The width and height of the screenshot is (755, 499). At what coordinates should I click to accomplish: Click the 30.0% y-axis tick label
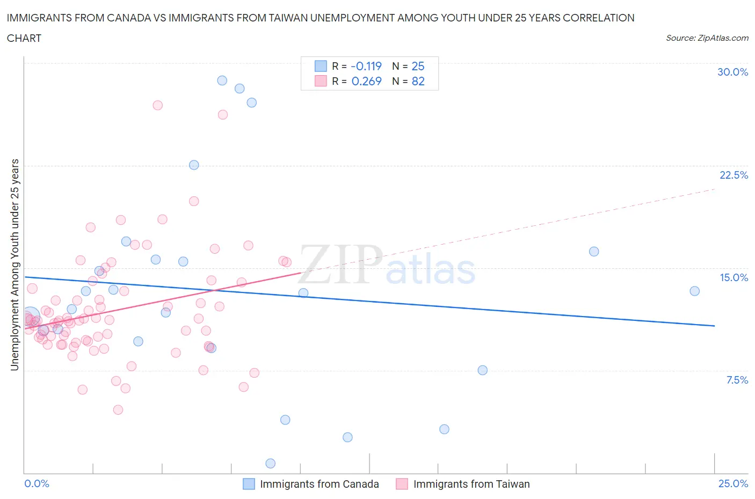(732, 72)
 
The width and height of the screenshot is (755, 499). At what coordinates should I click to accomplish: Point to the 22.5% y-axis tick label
(734, 175)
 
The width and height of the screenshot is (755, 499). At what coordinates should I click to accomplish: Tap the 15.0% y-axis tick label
(734, 277)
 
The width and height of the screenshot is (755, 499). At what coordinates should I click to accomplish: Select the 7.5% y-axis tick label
(737, 380)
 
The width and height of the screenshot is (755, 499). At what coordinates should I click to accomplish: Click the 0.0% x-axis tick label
(37, 483)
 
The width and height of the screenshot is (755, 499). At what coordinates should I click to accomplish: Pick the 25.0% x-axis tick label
(733, 483)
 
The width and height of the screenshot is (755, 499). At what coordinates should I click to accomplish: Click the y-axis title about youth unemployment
(14, 265)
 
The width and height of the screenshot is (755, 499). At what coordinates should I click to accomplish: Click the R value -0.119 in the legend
(366, 66)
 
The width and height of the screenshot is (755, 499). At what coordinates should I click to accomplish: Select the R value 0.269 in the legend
(366, 81)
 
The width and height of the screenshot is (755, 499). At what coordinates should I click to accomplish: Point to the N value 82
(418, 81)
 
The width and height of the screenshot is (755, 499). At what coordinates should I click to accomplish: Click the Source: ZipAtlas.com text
(707, 38)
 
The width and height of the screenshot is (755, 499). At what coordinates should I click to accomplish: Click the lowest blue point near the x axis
(271, 463)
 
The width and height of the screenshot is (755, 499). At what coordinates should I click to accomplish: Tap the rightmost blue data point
(694, 291)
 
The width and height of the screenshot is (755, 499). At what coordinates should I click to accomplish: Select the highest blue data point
(222, 80)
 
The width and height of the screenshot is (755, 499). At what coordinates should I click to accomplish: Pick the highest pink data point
(157, 105)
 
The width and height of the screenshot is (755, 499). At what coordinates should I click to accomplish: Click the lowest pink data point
(118, 409)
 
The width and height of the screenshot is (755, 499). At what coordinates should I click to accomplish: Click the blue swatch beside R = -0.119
(321, 66)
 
